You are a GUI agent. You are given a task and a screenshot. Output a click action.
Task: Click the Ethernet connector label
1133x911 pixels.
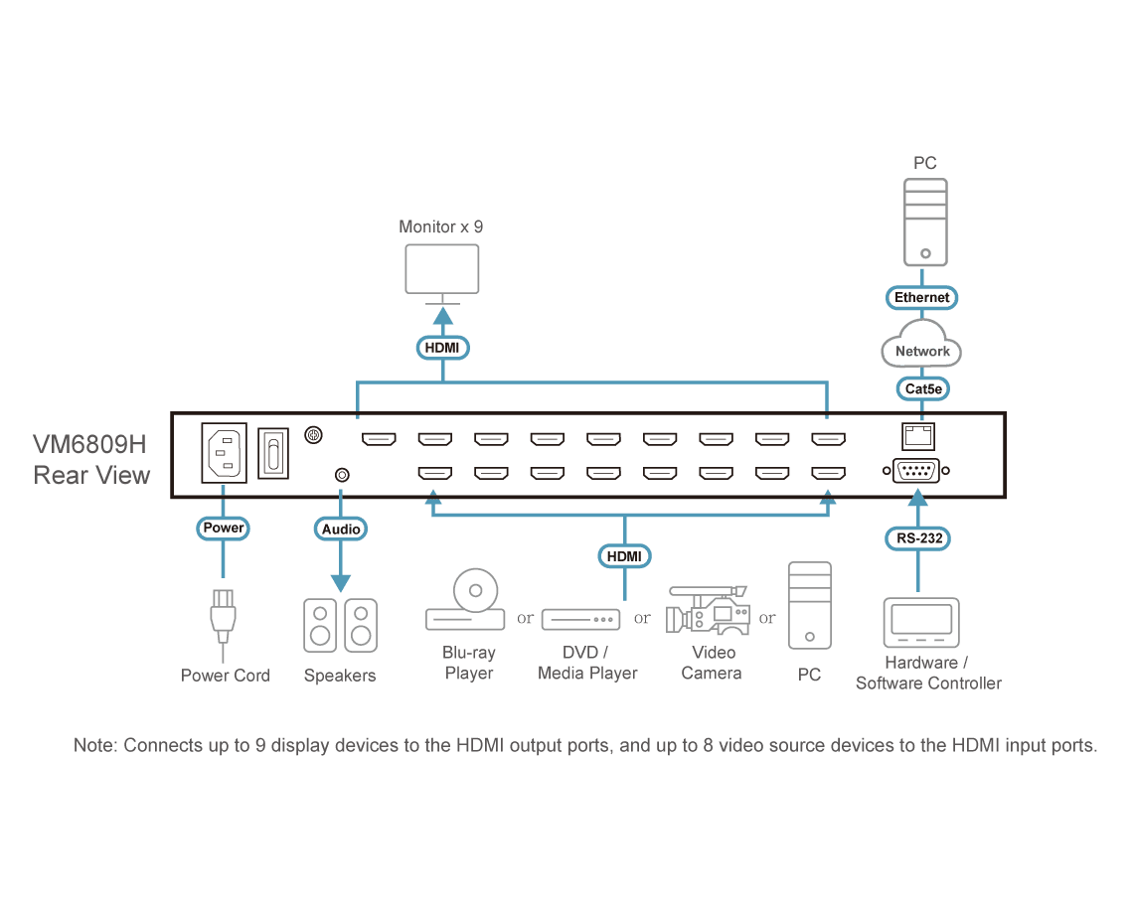pyautogui.click(x=921, y=298)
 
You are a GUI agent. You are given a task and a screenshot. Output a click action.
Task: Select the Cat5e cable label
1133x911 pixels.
pyautogui.click(x=922, y=388)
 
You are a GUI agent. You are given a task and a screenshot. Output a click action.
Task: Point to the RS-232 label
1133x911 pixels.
pyautogui.click(x=918, y=538)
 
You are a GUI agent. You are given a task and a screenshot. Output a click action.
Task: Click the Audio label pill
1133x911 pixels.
pyautogui.click(x=340, y=529)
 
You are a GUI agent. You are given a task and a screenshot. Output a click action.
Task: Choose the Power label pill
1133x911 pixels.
pyautogui.click(x=224, y=529)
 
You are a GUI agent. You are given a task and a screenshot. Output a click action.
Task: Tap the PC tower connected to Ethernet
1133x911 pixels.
pyautogui.click(x=925, y=223)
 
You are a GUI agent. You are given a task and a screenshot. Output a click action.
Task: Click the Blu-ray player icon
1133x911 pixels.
pyautogui.click(x=465, y=600)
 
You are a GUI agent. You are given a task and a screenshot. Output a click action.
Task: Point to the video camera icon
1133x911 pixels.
pyautogui.click(x=708, y=610)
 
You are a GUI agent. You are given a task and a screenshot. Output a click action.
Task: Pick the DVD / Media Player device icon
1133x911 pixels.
pyautogui.click(x=581, y=620)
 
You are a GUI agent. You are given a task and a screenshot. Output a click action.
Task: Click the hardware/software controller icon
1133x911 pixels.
pyautogui.click(x=921, y=623)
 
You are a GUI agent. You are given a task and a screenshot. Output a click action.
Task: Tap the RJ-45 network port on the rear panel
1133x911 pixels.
pyautogui.click(x=918, y=436)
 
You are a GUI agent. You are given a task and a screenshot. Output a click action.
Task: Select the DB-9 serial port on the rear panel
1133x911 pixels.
pyautogui.click(x=916, y=471)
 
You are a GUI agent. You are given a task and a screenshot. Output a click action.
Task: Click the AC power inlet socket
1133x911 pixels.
pyautogui.click(x=224, y=453)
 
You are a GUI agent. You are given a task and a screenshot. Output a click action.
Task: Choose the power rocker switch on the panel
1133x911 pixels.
pyautogui.click(x=273, y=454)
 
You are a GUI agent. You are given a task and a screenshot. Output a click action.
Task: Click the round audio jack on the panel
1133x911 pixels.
pyautogui.click(x=343, y=475)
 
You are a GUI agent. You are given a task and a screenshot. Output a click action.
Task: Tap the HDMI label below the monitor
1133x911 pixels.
pyautogui.click(x=442, y=348)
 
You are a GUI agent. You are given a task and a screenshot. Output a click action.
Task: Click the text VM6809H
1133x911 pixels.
pyautogui.click(x=89, y=444)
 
